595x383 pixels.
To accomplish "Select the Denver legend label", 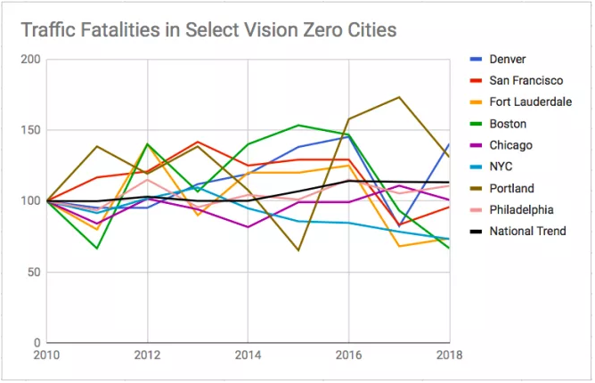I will pos(508,60).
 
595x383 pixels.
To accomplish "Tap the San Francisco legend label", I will pos(526,81).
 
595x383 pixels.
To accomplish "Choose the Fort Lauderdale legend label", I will pos(531,102).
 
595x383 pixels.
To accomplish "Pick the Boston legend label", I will pos(508,124).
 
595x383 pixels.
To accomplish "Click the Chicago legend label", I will pos(510,145).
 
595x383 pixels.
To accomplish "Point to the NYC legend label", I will pos(502,167).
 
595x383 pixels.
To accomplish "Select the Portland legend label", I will pos(511,188).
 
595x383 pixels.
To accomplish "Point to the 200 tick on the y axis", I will pos(30,60).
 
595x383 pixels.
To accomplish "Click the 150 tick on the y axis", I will pos(30,130).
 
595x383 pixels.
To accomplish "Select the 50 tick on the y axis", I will pos(34,272).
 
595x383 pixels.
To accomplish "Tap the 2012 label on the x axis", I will pos(147,356).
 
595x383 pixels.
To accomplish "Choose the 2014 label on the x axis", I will pos(248,356).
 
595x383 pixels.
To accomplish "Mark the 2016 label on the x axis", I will pos(348,356).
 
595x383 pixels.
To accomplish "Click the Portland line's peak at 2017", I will pos(399,97).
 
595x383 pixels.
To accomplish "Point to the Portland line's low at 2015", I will pos(298,250).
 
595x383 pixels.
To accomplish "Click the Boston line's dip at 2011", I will pos(97,248).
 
